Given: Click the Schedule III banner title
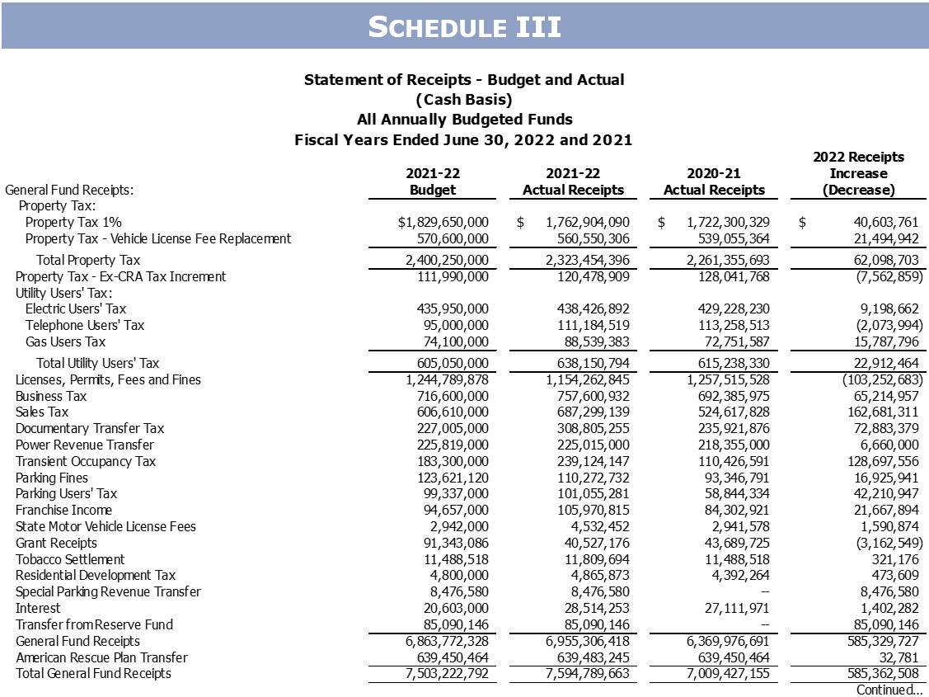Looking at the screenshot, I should click(464, 27).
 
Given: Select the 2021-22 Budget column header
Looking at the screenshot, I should click(433, 181).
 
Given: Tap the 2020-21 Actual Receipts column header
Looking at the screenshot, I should click(714, 181).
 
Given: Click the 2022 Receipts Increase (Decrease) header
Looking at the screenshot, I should click(858, 173).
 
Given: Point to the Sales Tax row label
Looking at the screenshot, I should click(42, 412).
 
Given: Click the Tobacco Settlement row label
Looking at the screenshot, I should click(59, 559).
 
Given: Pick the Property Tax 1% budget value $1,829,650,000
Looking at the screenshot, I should click(443, 223).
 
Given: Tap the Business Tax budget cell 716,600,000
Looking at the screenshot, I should click(449, 397).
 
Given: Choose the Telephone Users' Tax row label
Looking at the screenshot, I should click(85, 325).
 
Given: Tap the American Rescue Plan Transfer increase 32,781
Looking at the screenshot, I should click(897, 657).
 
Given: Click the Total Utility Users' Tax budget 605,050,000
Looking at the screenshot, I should click(449, 363).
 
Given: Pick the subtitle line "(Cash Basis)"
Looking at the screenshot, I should click(464, 100).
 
